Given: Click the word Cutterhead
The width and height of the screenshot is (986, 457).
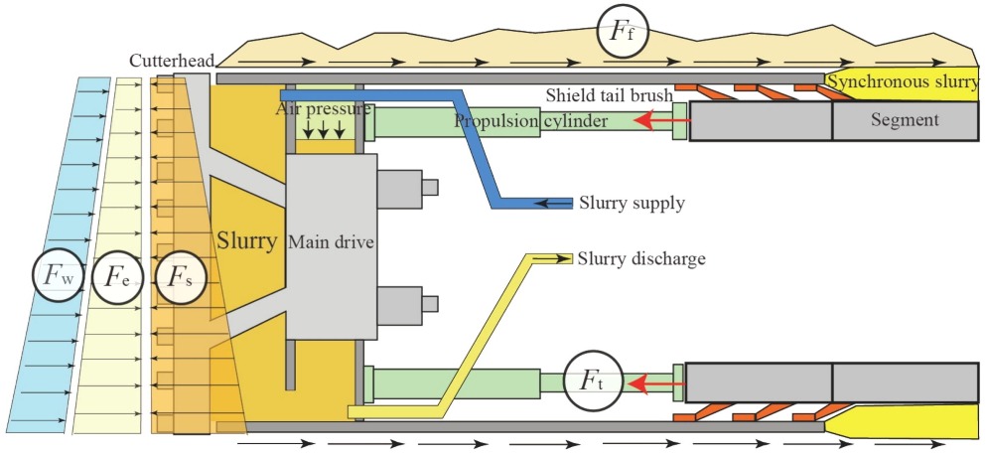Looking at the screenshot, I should click(x=168, y=62).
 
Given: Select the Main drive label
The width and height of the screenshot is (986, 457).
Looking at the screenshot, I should click(x=331, y=241).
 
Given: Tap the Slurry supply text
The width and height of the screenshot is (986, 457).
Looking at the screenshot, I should click(x=632, y=205).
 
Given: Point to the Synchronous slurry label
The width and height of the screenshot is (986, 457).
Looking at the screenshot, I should click(x=903, y=83).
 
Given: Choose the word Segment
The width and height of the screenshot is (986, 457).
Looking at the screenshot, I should click(x=903, y=121).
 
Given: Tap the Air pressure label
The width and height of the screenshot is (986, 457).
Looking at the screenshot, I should click(x=324, y=109).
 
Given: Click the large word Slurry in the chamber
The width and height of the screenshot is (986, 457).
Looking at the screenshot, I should click(x=246, y=240).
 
